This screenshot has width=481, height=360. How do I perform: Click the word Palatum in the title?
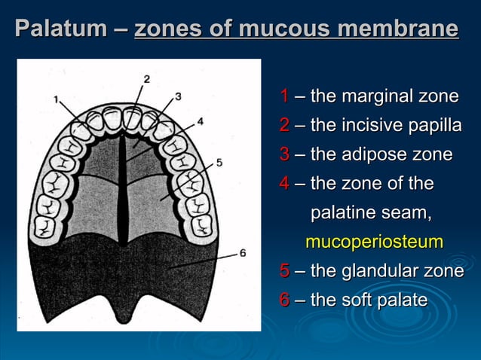pyautogui.click(x=61, y=30)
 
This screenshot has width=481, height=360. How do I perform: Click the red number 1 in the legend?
pyautogui.click(x=284, y=96)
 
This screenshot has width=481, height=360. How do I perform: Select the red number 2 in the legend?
pyautogui.click(x=284, y=126)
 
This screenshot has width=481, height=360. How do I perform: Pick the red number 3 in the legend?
pyautogui.click(x=284, y=155)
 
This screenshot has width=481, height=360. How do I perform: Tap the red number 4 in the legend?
pyautogui.click(x=284, y=184)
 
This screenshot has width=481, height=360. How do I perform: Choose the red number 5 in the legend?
pyautogui.click(x=284, y=271)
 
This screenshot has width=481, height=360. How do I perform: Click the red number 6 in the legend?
pyautogui.click(x=284, y=300)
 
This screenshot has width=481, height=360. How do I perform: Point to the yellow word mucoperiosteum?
pyautogui.click(x=374, y=243)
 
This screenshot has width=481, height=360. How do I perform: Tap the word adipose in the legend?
pyautogui.click(x=376, y=155)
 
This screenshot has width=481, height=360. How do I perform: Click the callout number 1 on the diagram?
pyautogui.click(x=57, y=99)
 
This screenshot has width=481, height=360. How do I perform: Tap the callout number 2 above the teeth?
pyautogui.click(x=146, y=79)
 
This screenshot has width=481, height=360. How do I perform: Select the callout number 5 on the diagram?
pyautogui.click(x=219, y=161)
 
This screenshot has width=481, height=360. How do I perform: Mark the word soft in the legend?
pyautogui.click(x=358, y=300)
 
